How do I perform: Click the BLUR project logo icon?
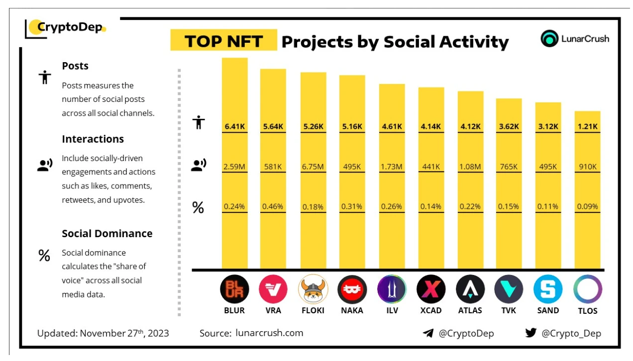tap(234, 289)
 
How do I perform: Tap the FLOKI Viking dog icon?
tap(313, 289)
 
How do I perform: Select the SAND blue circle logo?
tap(548, 289)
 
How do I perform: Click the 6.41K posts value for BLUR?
tap(234, 126)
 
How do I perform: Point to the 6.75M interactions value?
tap(313, 167)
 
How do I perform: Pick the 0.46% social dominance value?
tap(273, 206)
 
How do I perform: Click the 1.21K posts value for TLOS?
tap(588, 126)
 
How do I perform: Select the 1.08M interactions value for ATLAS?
tap(470, 167)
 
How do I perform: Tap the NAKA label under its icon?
tap(352, 310)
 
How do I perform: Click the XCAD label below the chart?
tap(430, 310)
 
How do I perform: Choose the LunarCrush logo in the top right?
tap(575, 39)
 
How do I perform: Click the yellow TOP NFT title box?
tap(223, 41)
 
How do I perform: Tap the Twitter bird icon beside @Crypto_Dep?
tap(530, 333)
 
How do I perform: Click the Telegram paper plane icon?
tap(427, 333)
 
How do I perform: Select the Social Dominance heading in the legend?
tap(107, 234)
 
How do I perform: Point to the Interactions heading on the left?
tap(93, 139)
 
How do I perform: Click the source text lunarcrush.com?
tap(269, 333)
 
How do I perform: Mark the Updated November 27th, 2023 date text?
tap(103, 333)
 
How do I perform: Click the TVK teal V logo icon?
tap(509, 289)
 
